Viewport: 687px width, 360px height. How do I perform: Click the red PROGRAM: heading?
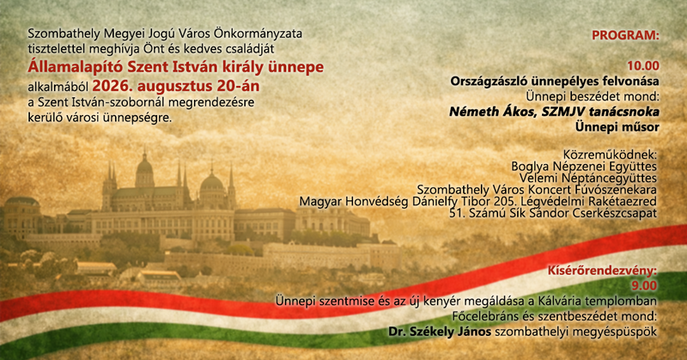click(x=625, y=35)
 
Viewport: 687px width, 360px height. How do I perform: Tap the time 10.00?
click(x=642, y=66)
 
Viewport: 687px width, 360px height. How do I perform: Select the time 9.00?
click(x=644, y=286)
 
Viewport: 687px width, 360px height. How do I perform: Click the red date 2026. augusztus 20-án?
click(x=176, y=86)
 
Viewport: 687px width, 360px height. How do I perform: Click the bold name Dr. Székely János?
click(x=440, y=332)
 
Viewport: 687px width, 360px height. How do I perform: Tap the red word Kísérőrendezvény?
click(x=603, y=271)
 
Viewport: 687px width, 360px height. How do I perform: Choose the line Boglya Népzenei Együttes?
click(x=584, y=167)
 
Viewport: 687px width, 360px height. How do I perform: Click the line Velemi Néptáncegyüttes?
click(x=588, y=179)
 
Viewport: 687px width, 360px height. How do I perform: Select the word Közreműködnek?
click(x=610, y=155)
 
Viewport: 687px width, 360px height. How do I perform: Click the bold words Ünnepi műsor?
click(x=617, y=127)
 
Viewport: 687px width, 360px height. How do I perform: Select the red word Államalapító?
click(x=75, y=68)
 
